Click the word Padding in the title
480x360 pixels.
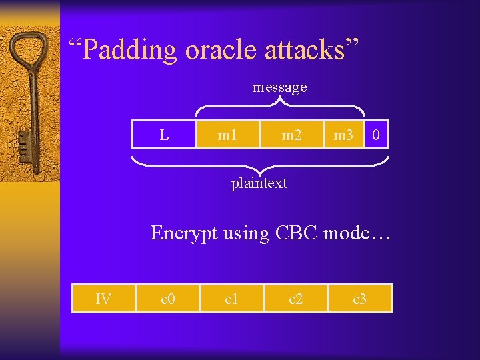pos(131,50)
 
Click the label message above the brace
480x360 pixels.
pos(279,87)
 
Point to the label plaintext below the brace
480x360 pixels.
pos(259,183)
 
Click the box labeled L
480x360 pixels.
pos(163,135)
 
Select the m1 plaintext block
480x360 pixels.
pos(227,135)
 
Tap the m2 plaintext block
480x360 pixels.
pos(291,135)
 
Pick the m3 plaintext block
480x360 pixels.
pos(343,135)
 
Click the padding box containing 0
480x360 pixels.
pos(377,135)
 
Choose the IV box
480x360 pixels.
pos(103,299)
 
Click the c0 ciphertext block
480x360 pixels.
pos(168,299)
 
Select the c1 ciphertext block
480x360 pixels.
pos(232,299)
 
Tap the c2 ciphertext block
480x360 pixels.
pos(296,299)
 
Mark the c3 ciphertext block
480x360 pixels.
pos(360,299)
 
